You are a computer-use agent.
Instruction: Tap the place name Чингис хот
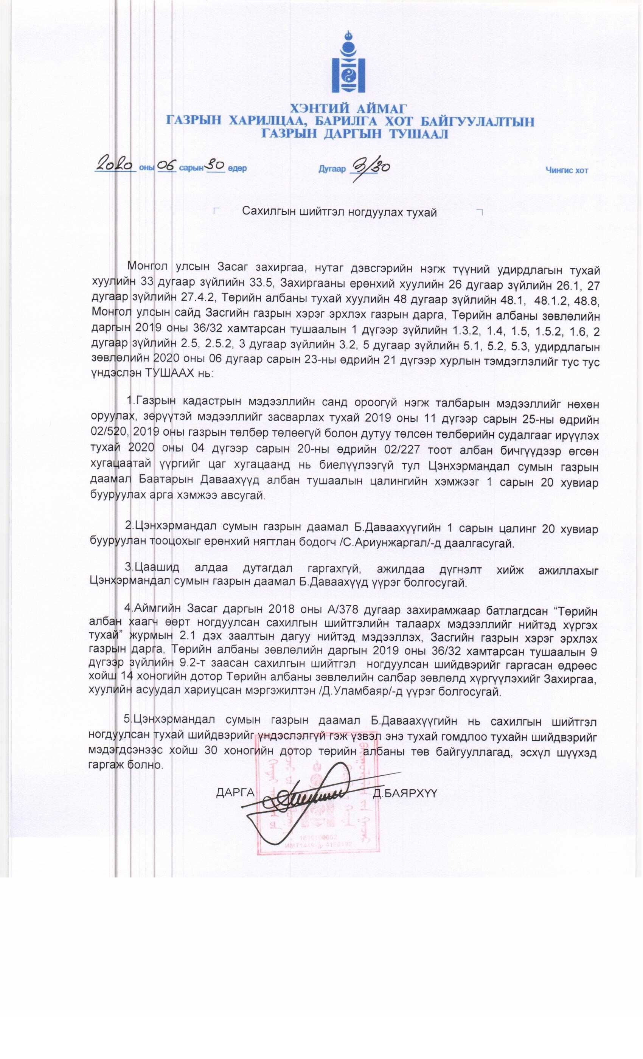pyautogui.click(x=567, y=171)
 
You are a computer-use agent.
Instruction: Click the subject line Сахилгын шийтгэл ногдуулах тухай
pyautogui.click(x=339, y=212)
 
